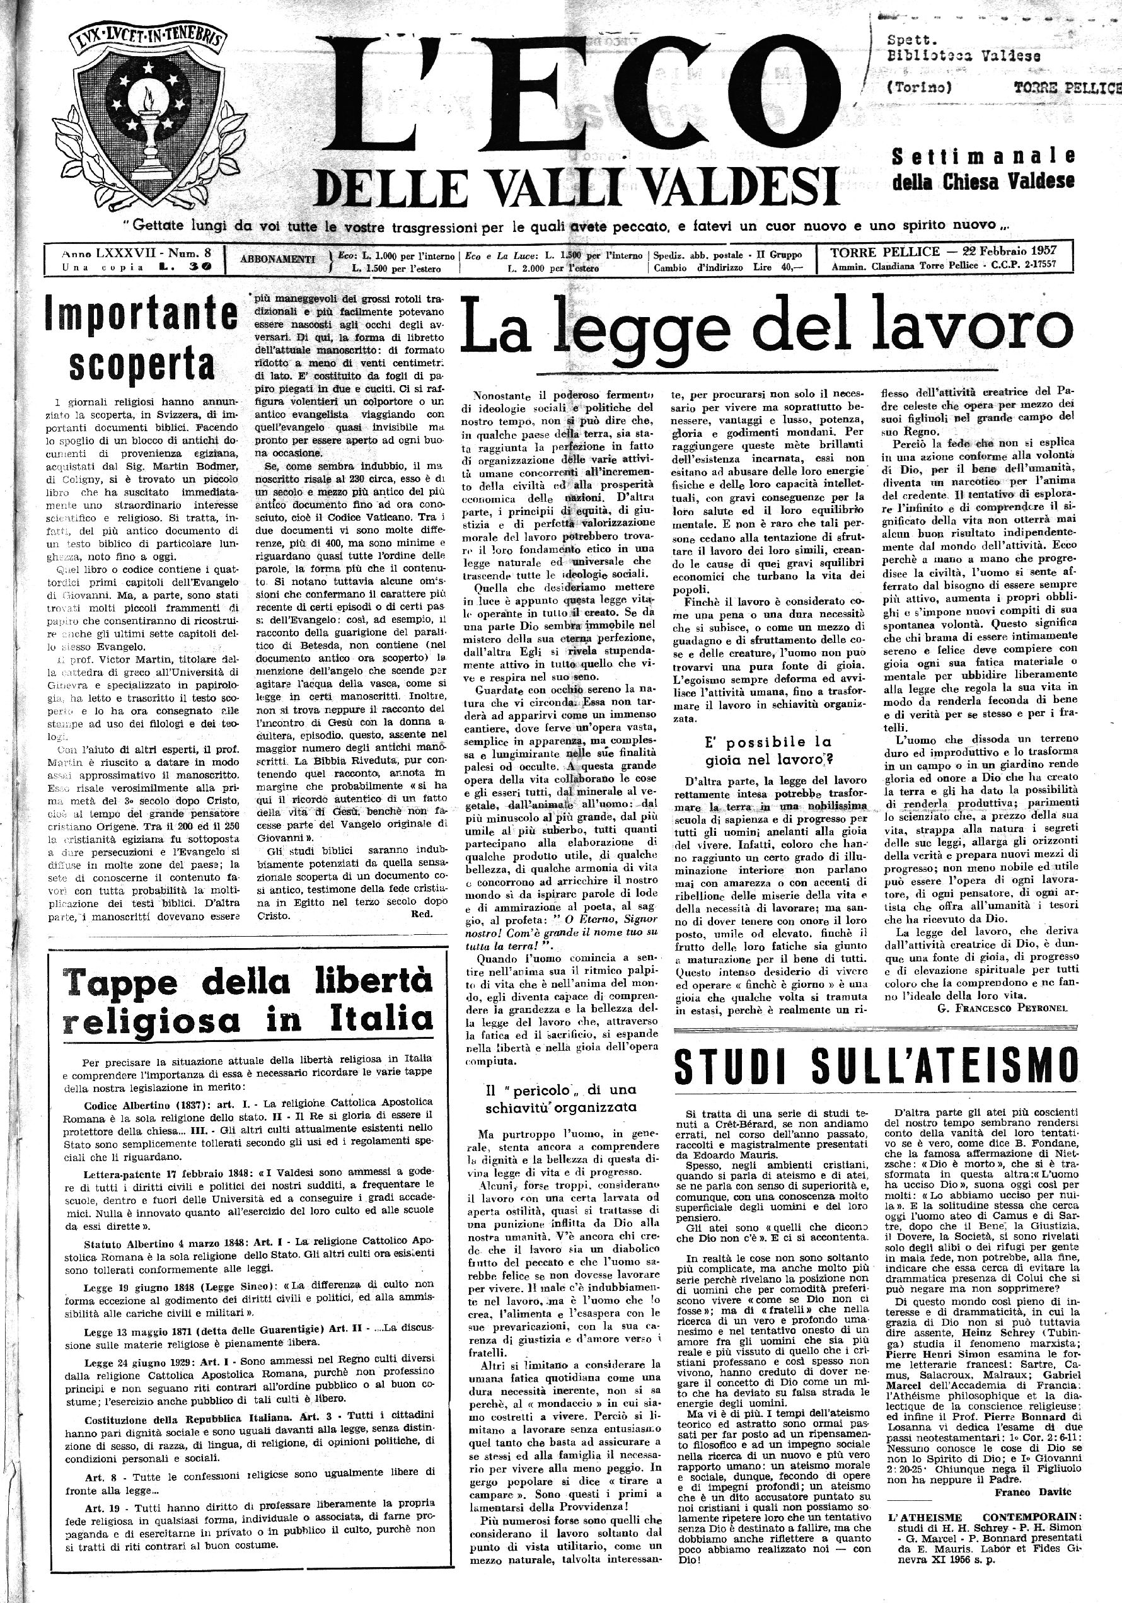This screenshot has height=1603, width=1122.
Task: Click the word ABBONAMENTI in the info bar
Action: (278, 259)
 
